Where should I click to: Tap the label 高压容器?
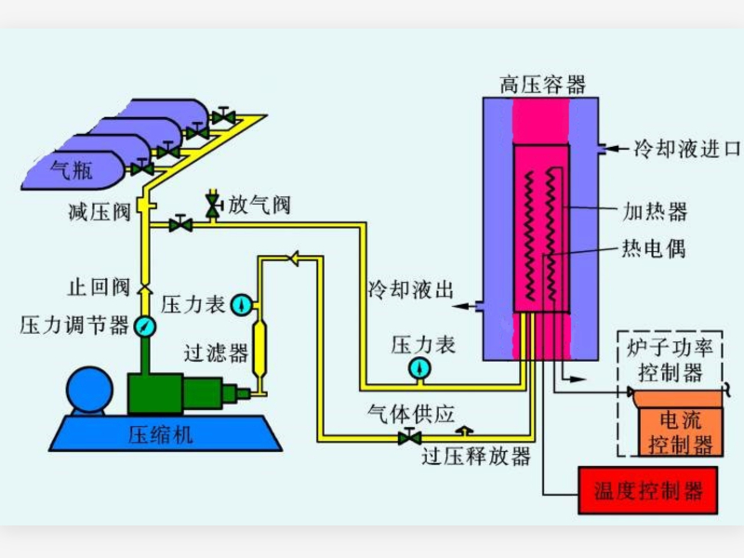pyautogui.click(x=542, y=86)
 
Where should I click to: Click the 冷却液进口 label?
pyautogui.click(x=685, y=149)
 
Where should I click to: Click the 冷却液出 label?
pyautogui.click(x=409, y=289)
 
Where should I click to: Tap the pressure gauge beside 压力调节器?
pyautogui.click(x=145, y=325)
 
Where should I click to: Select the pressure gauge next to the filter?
pyautogui.click(x=241, y=303)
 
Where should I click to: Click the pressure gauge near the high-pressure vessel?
pyautogui.click(x=419, y=369)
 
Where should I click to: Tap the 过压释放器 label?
pyautogui.click(x=475, y=457)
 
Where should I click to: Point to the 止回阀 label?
pyautogui.click(x=98, y=286)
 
